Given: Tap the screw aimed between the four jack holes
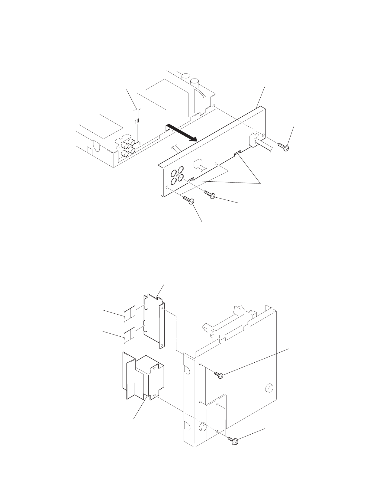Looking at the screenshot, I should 210,194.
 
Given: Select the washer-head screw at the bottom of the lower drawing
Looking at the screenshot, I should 233,440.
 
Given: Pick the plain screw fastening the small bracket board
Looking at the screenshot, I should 219,375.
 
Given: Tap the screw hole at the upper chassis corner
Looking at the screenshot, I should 214,106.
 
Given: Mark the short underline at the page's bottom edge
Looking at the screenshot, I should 61,477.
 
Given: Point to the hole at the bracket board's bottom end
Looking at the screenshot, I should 162,345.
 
